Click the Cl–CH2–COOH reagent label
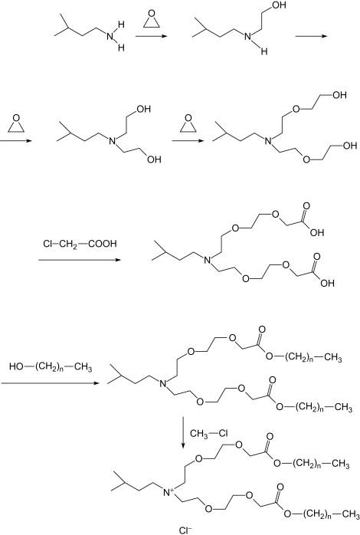point(80,244)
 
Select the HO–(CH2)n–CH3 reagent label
point(51,367)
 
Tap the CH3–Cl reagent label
point(209,433)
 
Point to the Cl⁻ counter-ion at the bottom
point(185,530)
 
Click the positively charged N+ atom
point(168,492)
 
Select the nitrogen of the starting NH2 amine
point(110,36)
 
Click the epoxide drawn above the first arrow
point(152,18)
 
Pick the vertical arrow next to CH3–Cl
point(183,432)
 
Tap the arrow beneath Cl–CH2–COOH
point(80,260)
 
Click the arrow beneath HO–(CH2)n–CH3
point(50,383)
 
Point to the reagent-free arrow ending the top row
point(311,36)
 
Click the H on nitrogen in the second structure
point(264,51)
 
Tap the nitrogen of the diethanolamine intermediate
point(112,140)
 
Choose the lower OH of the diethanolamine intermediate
point(153,159)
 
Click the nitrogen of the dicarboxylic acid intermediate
point(207,261)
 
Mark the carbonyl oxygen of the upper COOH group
point(306,206)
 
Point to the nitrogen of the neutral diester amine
point(163,383)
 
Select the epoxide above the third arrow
point(188,123)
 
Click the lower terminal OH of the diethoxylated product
point(350,146)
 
